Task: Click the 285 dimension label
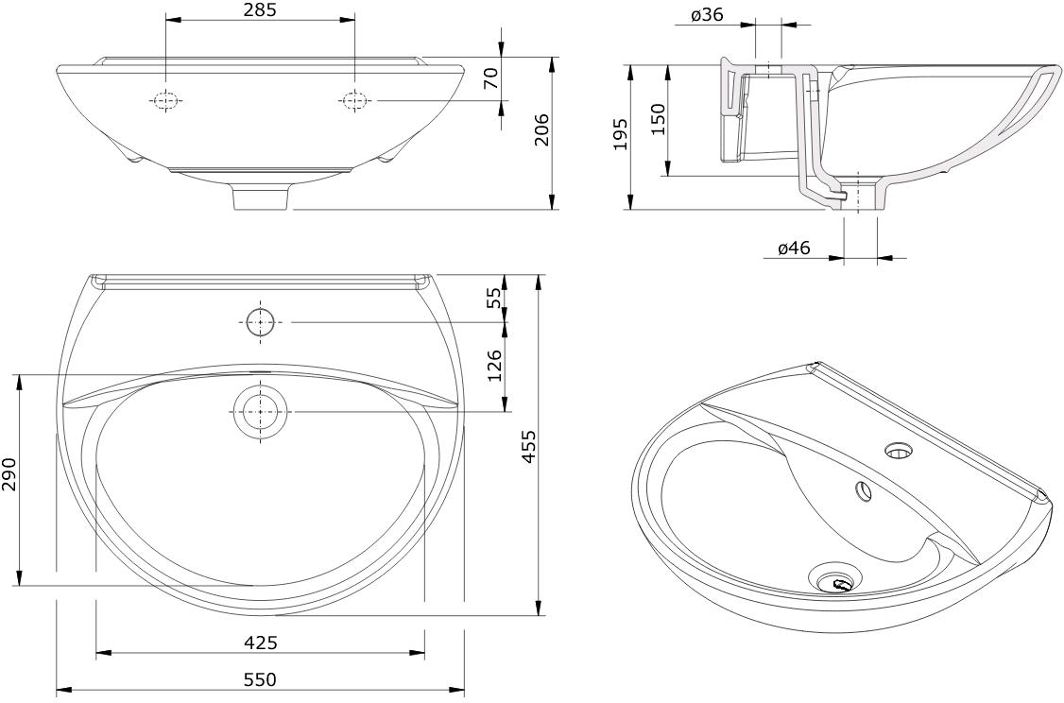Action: tap(261, 10)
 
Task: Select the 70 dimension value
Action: tap(491, 78)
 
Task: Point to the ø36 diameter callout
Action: tap(707, 15)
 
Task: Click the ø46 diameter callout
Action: tap(795, 248)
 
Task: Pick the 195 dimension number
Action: tap(620, 134)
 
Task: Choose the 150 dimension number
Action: tap(659, 119)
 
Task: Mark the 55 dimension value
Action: tap(495, 298)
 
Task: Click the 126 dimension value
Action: tap(495, 365)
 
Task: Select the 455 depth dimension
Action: tap(528, 446)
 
